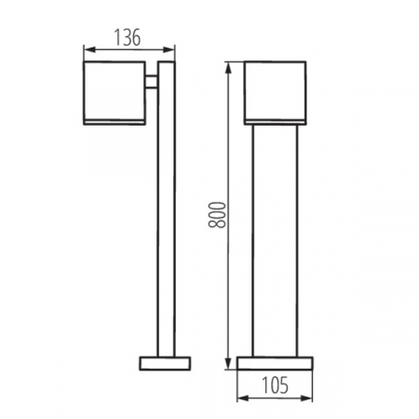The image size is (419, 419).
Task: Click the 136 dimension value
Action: point(127,38)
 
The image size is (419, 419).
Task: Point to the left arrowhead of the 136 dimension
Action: point(88,49)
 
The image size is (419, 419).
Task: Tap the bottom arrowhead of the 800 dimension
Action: point(228,361)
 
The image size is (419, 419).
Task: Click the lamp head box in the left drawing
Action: point(113,89)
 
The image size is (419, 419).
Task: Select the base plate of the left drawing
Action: point(165,361)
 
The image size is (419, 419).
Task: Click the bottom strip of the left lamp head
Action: point(113,121)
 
